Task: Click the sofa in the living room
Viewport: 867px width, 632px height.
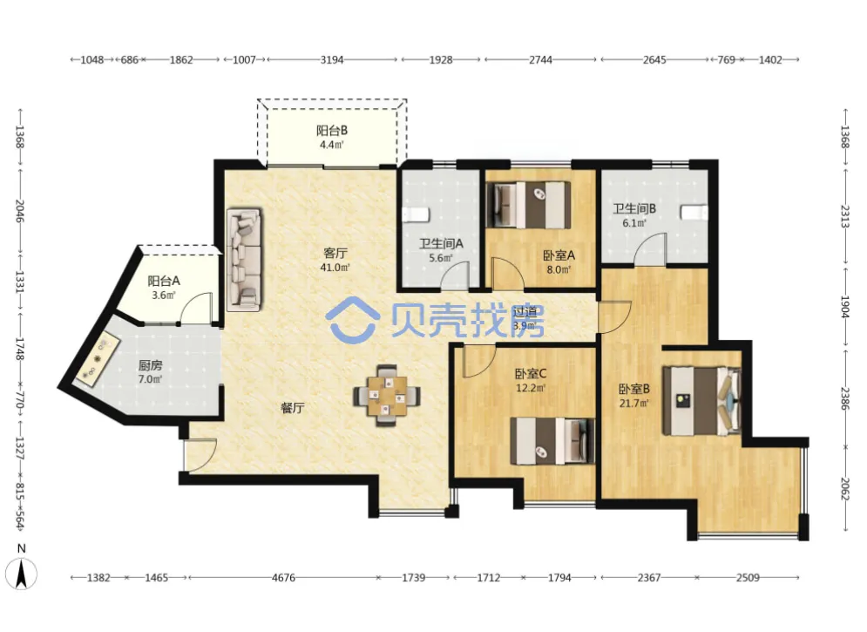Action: coord(243,259)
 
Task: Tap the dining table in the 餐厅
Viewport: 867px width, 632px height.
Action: coord(387,395)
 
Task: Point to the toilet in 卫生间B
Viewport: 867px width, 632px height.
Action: coord(694,213)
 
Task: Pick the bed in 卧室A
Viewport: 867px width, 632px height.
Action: coord(528,205)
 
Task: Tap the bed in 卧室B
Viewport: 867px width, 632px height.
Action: coord(702,400)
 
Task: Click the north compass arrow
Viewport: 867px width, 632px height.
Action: coord(22,574)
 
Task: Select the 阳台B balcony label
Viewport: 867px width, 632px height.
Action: coord(332,131)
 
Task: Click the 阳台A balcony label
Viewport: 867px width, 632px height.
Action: coord(164,281)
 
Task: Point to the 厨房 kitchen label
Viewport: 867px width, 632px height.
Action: coord(151,365)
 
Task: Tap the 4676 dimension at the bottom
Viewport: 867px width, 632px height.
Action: coord(283,578)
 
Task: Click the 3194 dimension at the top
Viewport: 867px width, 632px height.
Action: coord(332,60)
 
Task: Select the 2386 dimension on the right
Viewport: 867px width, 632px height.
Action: coord(844,398)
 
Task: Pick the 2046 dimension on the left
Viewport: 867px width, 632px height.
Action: coord(19,211)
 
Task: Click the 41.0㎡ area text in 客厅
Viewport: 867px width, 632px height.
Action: coord(335,268)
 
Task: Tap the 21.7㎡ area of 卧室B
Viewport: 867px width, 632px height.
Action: coord(633,403)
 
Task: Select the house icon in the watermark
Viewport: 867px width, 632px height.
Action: coord(353,320)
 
